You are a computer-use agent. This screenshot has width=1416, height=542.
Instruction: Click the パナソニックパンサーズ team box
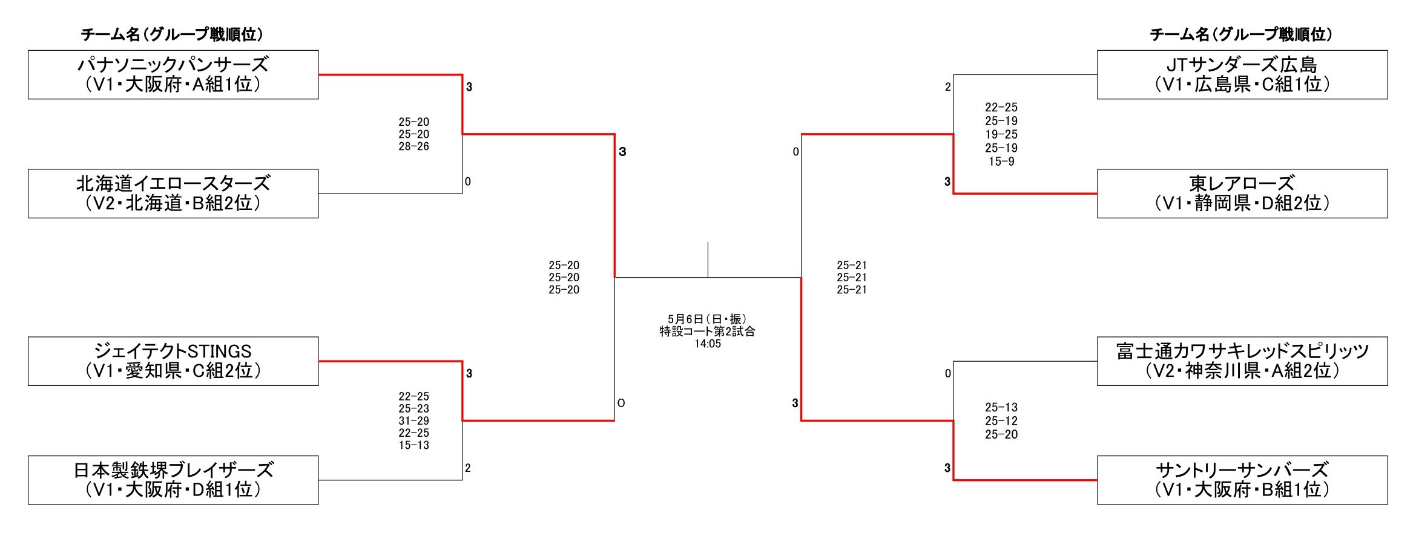pos(173,74)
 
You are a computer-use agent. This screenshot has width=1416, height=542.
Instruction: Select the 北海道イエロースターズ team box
pos(173,194)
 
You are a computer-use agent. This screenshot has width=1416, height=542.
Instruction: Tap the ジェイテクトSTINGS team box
pos(173,361)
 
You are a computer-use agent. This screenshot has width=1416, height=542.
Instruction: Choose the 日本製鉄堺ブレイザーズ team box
pos(173,480)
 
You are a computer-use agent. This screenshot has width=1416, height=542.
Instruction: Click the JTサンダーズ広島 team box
pos(1242,74)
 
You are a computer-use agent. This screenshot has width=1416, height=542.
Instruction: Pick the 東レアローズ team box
pos(1242,194)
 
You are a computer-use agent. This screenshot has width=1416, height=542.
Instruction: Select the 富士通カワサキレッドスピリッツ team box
pos(1242,361)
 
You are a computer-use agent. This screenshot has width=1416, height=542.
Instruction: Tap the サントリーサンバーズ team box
pos(1242,480)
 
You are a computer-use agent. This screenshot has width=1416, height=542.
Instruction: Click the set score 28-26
pos(413,146)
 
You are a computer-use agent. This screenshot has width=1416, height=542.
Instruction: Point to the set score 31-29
pos(413,421)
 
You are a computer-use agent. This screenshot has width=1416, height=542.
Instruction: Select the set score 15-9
pos(1001,162)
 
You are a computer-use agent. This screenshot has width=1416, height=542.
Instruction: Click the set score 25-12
pos(1001,421)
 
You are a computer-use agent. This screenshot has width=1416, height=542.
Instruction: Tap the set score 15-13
pos(413,445)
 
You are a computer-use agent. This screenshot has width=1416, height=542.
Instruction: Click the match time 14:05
pos(707,344)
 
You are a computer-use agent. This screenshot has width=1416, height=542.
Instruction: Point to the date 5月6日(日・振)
pos(707,319)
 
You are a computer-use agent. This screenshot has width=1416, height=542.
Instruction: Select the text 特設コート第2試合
pos(707,331)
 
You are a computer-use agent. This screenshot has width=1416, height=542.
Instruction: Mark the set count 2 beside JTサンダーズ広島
pos(947,87)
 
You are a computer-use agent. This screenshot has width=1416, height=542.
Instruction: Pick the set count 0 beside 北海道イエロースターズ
pos(468,181)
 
